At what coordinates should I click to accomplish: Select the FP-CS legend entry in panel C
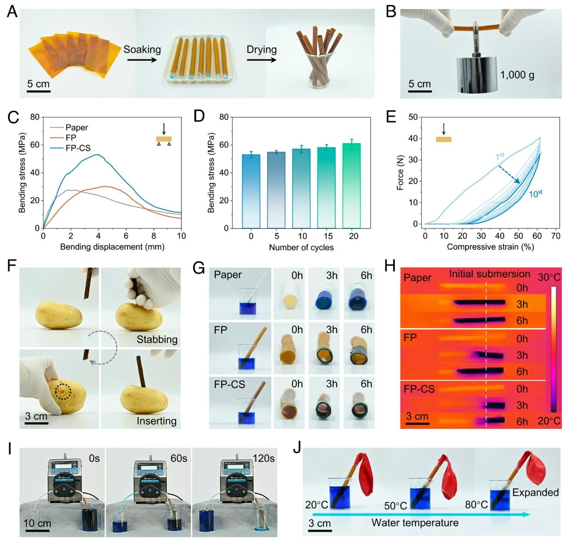(x=77, y=147)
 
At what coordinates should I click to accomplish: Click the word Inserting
(x=156, y=420)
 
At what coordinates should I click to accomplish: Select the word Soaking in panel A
(x=142, y=49)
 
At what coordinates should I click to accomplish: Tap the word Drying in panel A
(x=261, y=49)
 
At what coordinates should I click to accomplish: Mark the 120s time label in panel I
(x=263, y=458)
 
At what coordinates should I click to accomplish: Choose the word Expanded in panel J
(x=535, y=493)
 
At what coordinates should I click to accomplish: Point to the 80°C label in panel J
(x=476, y=504)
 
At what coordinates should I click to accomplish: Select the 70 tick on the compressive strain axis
(x=556, y=236)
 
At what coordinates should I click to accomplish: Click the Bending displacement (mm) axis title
(x=112, y=247)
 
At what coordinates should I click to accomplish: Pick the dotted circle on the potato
(x=62, y=392)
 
